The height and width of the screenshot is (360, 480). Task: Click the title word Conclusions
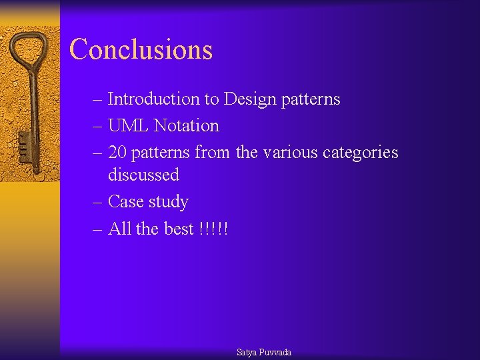[x=141, y=50]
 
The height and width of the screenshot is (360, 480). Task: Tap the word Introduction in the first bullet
[x=153, y=99]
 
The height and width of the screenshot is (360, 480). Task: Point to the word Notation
[x=186, y=126]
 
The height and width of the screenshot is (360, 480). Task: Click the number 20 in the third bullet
[x=117, y=153]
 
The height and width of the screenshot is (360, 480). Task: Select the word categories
[x=360, y=153]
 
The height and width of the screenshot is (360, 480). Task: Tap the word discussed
[x=143, y=175]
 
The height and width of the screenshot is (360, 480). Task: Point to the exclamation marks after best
[x=213, y=229]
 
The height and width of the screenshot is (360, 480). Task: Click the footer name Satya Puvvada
[x=264, y=352]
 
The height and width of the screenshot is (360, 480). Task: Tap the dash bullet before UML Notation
[x=97, y=127]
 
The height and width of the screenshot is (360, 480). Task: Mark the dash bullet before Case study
[x=97, y=202]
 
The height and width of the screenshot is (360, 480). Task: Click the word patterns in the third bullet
[x=161, y=153]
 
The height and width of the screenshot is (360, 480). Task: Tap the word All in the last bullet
[x=119, y=229]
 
